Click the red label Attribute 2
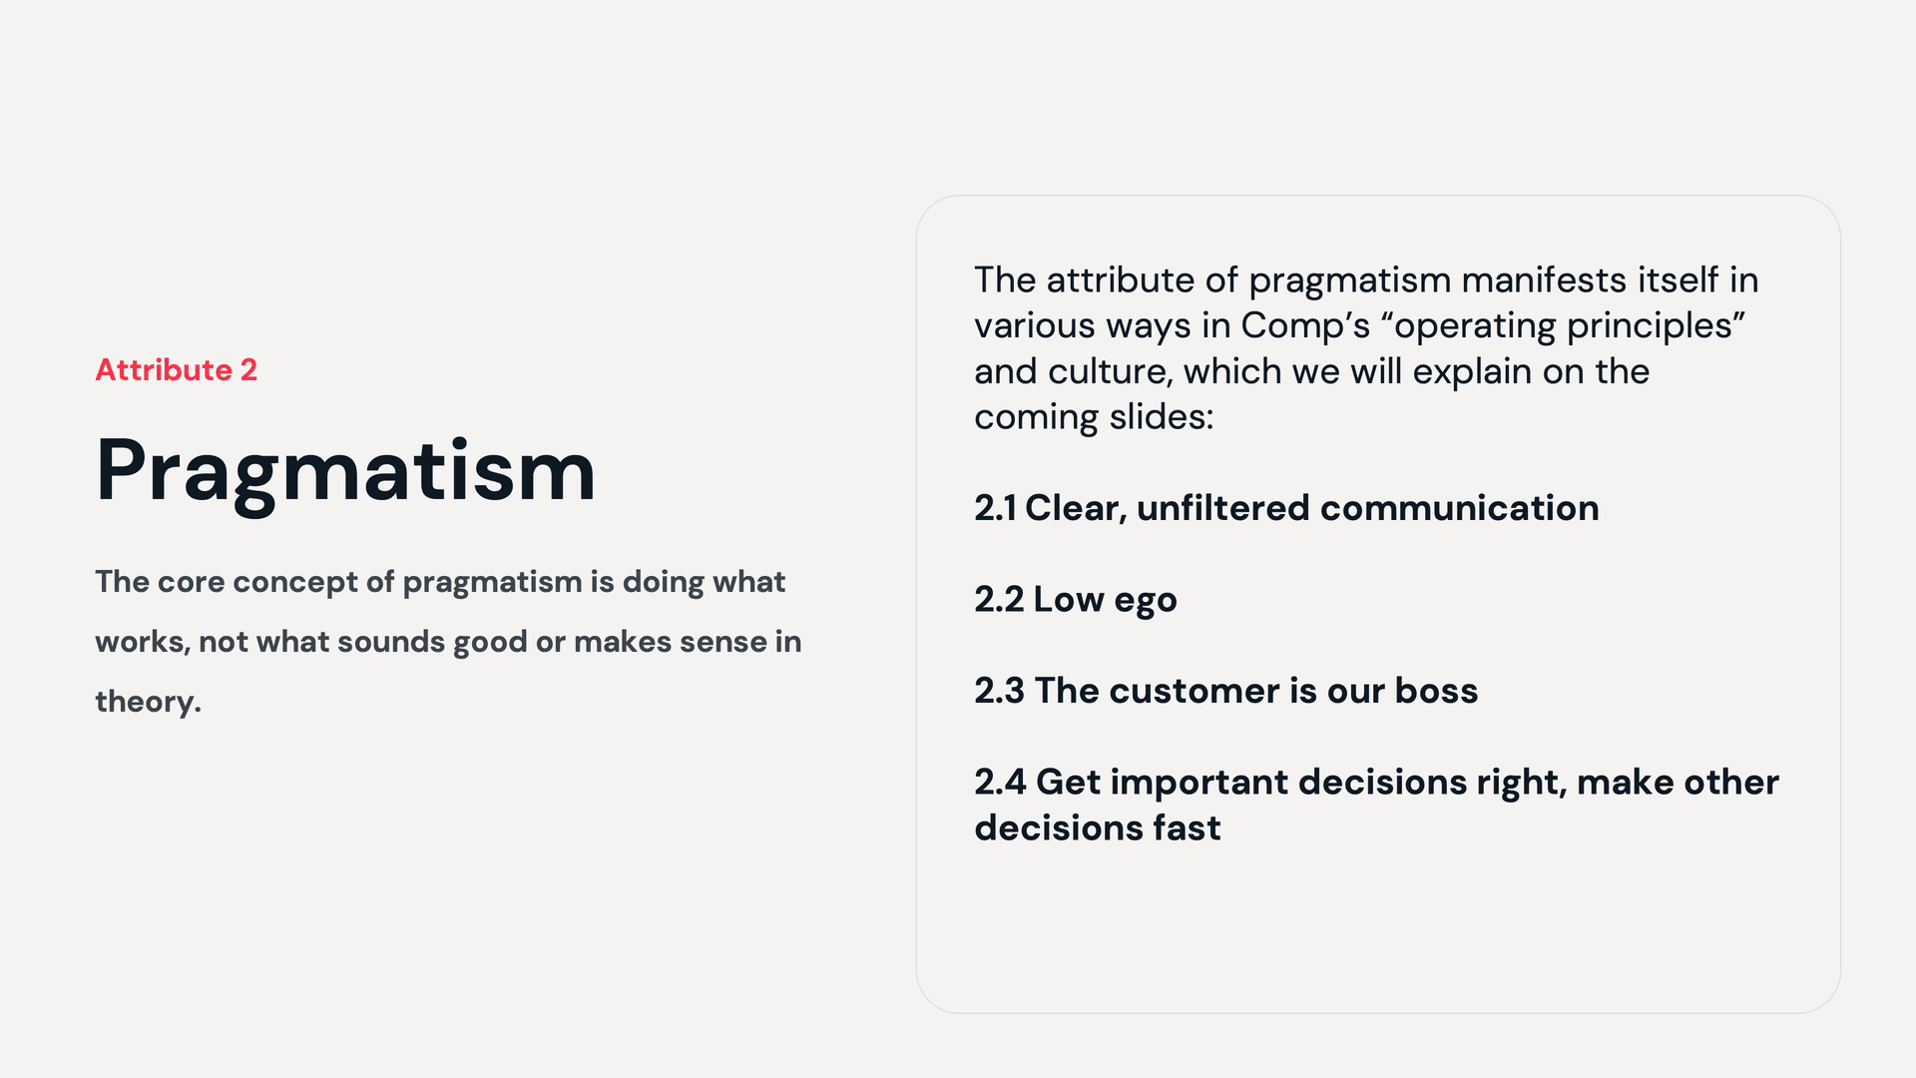point(176,370)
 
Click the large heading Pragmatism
point(345,471)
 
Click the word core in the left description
point(191,582)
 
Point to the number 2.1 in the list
point(995,508)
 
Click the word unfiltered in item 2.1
point(1222,508)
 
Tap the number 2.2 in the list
point(999,600)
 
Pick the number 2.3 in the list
point(999,691)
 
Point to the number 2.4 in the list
point(1000,783)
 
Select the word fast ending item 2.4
point(1187,827)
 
